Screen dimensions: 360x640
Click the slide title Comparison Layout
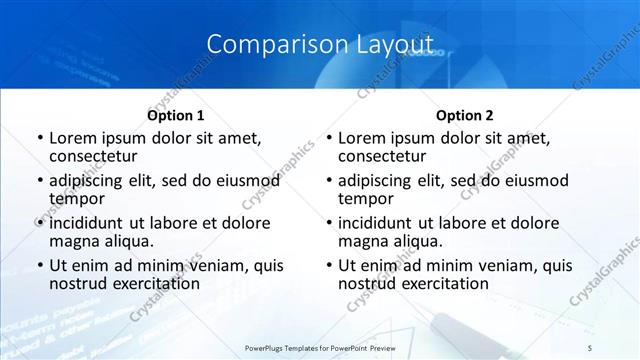pos(320,45)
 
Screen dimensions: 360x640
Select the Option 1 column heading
pos(175,116)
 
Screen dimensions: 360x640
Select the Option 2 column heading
pos(464,116)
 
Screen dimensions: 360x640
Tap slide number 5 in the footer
pos(589,347)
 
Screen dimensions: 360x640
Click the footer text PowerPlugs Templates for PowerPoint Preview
pos(320,347)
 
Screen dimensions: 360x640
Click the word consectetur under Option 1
pos(93,156)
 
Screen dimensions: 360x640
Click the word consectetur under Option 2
pos(382,156)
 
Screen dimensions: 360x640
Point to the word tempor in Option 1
pos(76,198)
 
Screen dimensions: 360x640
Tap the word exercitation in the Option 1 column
pos(154,283)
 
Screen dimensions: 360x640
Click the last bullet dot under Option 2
pos(328,267)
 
